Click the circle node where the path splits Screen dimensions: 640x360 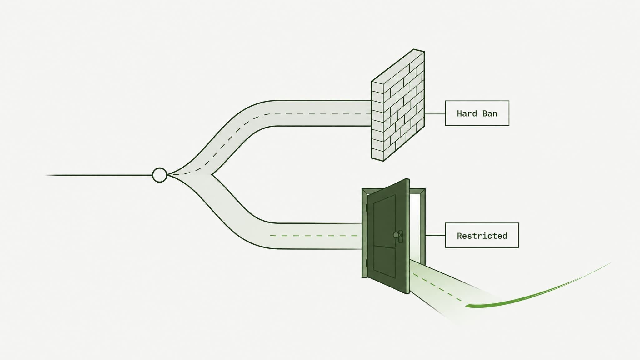point(159,175)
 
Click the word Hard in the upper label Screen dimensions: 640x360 point(467,113)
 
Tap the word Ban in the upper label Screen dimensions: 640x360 point(490,113)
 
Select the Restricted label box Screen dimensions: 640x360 point(482,235)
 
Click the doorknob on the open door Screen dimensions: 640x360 point(397,235)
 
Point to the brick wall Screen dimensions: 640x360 point(398,105)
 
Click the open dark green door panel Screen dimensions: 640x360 point(388,236)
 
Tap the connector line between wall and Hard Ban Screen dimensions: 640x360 point(435,113)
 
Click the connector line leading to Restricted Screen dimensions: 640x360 point(435,235)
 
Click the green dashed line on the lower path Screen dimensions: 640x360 point(314,236)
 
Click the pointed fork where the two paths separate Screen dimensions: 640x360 point(212,175)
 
